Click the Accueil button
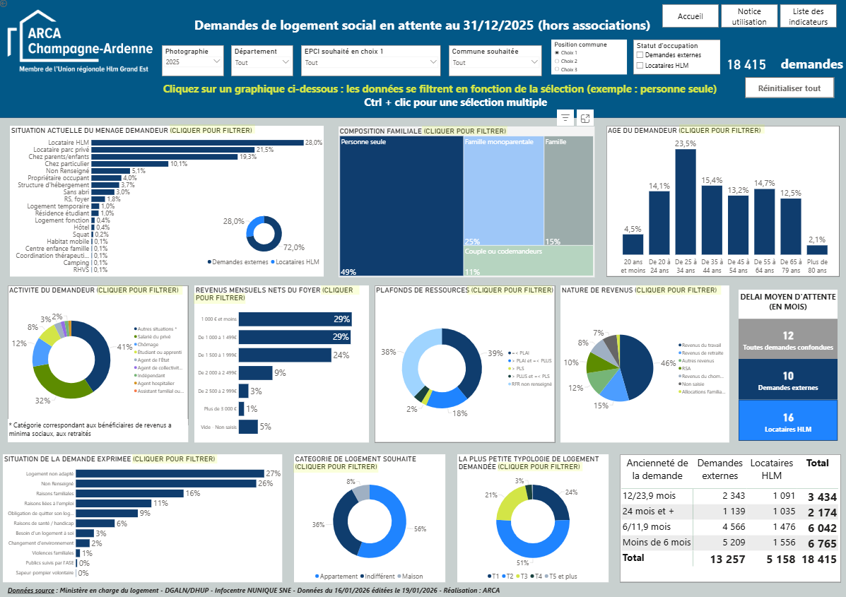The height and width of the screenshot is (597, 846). tap(690, 16)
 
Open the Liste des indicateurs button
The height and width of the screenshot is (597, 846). tap(808, 16)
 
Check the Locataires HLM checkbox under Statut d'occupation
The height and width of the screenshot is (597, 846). tap(640, 66)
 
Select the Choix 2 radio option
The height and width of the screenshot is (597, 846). tap(557, 61)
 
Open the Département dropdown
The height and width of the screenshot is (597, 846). tap(262, 62)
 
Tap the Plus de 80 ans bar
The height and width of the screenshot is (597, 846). tap(817, 249)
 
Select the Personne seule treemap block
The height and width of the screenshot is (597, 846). tap(401, 205)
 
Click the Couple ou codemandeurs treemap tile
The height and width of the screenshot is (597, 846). tap(528, 260)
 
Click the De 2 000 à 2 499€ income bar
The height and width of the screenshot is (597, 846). tap(255, 373)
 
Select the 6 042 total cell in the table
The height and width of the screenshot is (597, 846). tap(818, 527)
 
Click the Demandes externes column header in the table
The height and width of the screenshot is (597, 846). tap(719, 470)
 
